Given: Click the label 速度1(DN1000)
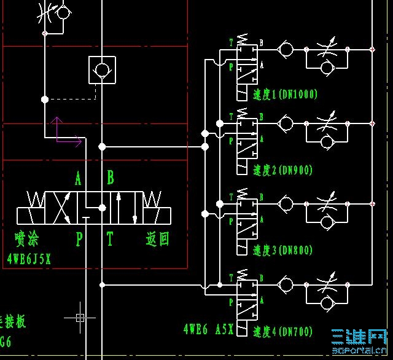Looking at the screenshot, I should coord(285,95).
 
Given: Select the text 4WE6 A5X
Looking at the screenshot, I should coord(208,330).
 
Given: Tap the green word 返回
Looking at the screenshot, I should coord(157,238).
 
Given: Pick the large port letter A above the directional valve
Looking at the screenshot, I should coord(78,179).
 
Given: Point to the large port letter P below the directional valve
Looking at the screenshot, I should coord(79,238).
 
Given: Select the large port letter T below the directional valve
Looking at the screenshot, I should coord(110,238).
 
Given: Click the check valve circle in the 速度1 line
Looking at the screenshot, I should coord(285,49).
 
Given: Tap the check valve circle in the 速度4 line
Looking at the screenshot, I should coord(285,284).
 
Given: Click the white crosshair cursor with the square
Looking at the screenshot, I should coord(80,318).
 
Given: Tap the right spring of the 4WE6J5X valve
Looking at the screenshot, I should coord(151,200).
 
